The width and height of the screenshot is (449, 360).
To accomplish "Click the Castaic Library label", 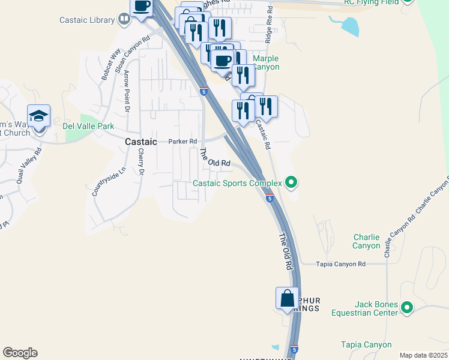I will tap(87, 20).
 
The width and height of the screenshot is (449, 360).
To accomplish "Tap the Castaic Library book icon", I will tap(124, 20).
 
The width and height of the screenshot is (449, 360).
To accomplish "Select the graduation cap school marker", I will tap(38, 116).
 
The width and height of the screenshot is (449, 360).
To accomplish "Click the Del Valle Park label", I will tap(88, 127).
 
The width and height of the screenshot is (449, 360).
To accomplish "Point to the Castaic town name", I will tap(141, 142).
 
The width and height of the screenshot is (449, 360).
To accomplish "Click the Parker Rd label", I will tap(182, 142).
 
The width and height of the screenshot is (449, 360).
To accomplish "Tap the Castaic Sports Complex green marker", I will tap(291, 181).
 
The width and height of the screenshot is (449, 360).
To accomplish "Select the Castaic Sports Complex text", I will tap(237, 183).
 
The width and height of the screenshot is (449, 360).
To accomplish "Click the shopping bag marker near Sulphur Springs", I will tap(287, 298).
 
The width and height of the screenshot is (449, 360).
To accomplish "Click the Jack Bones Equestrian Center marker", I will tap(407, 308).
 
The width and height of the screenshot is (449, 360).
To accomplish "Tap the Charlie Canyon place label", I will tap(366, 241).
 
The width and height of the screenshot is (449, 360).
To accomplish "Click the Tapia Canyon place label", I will tap(366, 344).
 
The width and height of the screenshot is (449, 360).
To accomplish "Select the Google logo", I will tap(20, 353).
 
